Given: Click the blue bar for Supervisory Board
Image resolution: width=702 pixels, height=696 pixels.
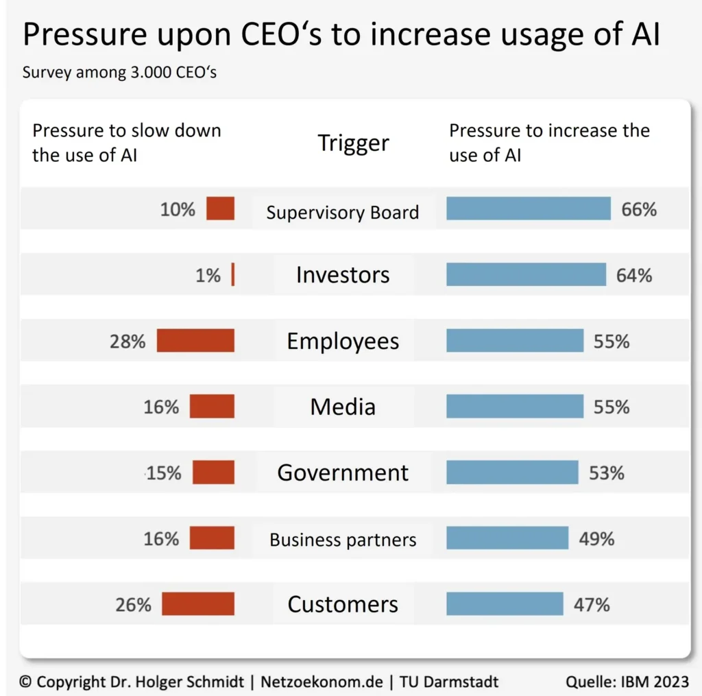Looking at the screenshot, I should coord(528,208).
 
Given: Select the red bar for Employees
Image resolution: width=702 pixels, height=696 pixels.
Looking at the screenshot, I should coord(195,341).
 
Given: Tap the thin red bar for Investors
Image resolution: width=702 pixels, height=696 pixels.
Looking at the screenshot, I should coord(233,275).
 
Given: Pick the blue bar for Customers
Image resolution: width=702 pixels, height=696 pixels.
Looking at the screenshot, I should coord(505,604).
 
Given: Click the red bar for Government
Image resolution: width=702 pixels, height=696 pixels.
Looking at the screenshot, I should coord(213,472).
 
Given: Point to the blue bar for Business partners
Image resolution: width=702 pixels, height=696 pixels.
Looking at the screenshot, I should coord(507,538).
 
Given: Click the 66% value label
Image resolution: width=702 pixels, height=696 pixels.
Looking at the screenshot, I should coord(639,210).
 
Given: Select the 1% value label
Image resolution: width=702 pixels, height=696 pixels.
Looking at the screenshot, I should coord(208,276).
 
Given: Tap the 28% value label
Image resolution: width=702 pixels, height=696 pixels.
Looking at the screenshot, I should coord(128,341).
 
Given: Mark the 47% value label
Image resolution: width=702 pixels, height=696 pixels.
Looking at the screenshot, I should coord(592,605).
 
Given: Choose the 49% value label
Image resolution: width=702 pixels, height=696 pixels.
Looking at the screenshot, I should coord(596,539).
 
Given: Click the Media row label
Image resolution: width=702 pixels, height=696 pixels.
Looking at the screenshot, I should coord(343,407).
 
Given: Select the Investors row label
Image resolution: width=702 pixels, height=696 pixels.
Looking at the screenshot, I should coord(343,275).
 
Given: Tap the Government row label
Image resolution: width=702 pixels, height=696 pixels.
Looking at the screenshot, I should coord(343,472).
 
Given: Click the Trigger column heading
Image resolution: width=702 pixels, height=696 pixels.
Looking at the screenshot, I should coord(353,143).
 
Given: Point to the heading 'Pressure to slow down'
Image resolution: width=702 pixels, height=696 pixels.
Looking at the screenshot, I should coord(127,130).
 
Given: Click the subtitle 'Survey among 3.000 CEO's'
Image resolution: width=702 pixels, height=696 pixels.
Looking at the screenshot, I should coord(119,72).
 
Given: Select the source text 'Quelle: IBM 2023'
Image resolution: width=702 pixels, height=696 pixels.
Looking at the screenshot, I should coord(627,682).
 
